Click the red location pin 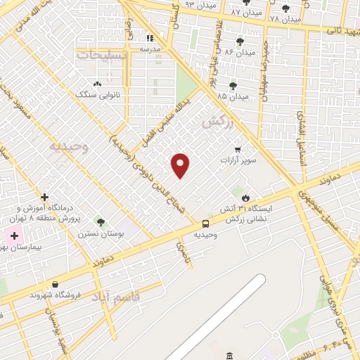pyautogui.click(x=181, y=165)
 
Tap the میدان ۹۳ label pyautogui.click(x=199, y=4)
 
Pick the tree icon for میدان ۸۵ pyautogui.click(x=233, y=86)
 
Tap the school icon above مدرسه pyautogui.click(x=149, y=38)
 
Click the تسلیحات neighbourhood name pyautogui.click(x=103, y=54)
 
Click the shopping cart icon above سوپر pyautogui.click(x=238, y=149)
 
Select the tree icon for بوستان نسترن pyautogui.click(x=101, y=222)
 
